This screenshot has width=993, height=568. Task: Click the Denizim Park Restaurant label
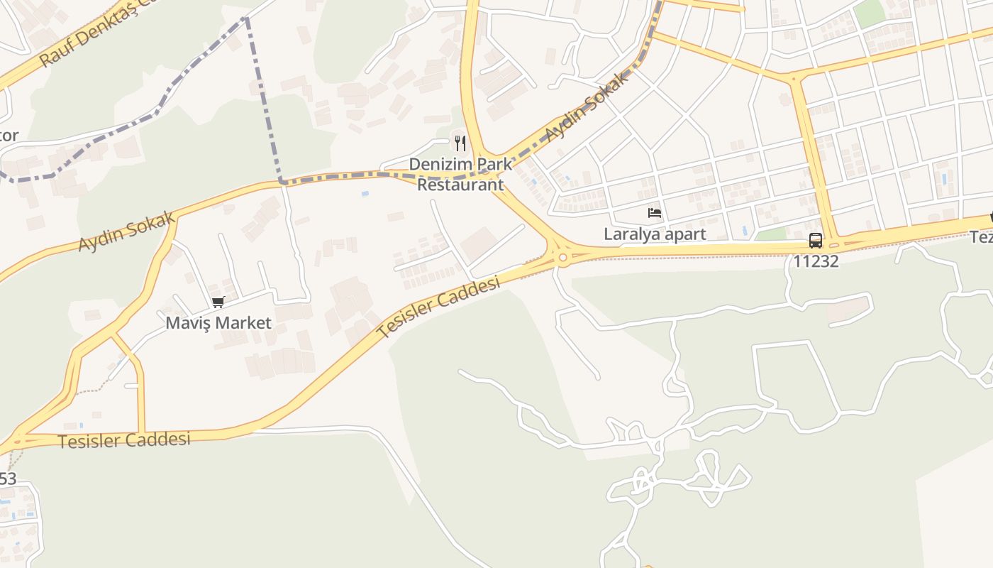(x=460, y=175)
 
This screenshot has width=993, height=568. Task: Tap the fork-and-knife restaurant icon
(x=460, y=143)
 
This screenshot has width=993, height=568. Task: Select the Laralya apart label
(x=655, y=234)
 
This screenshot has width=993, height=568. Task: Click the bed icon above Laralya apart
(x=655, y=212)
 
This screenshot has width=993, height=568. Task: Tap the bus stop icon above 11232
(x=816, y=240)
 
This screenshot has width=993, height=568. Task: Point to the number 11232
(x=816, y=261)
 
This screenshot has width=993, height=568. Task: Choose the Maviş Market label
(x=218, y=323)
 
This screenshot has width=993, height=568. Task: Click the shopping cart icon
(x=218, y=302)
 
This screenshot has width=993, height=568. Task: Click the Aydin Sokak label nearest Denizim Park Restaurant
(x=587, y=107)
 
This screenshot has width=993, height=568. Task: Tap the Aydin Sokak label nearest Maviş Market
(x=127, y=231)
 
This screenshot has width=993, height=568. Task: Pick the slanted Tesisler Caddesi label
(x=439, y=307)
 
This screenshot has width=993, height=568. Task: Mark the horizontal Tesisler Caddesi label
(x=124, y=440)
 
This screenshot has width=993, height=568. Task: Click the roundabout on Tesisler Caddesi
(x=563, y=258)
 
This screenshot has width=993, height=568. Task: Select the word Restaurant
(x=460, y=185)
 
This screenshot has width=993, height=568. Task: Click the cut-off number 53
(x=7, y=479)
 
